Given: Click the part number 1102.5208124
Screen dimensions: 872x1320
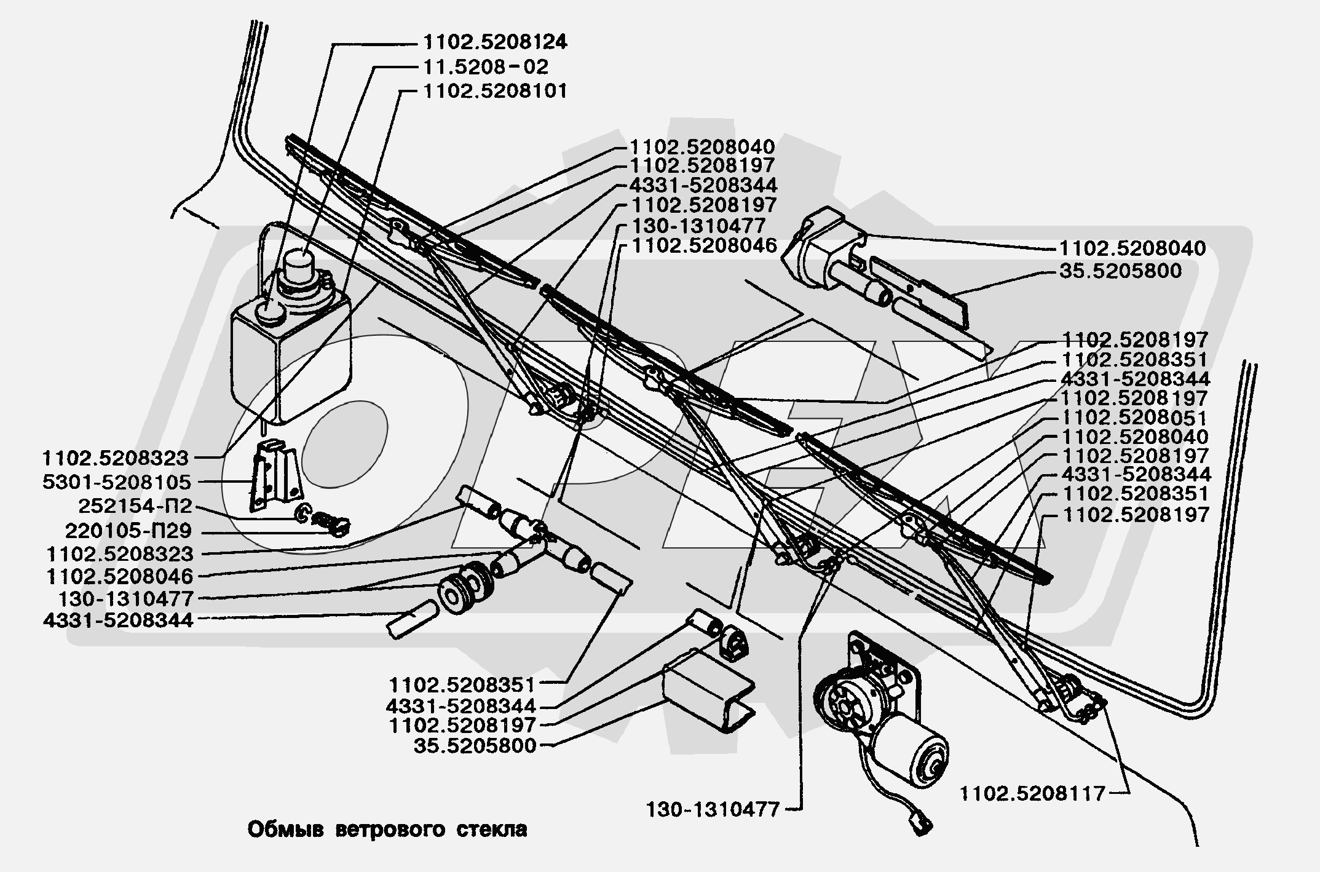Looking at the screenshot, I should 494,42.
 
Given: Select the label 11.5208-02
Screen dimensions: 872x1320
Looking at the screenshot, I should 485,66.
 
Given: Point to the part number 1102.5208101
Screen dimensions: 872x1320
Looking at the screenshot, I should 495,91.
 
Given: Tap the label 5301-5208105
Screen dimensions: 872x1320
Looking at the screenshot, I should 117,482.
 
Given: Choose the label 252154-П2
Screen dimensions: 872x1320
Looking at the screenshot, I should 135,506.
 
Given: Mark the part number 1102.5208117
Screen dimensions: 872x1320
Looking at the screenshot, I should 1033,794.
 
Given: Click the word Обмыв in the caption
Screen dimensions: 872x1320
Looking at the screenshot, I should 285,830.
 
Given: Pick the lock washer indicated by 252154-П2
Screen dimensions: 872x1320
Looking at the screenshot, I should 302,512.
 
